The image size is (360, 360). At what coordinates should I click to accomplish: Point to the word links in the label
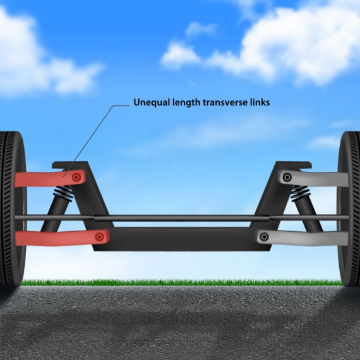click(x=260, y=102)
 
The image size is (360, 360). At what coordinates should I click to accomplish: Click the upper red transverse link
click(x=50, y=178)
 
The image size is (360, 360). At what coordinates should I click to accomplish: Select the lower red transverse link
click(x=62, y=238)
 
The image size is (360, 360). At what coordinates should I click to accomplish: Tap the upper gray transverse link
click(x=313, y=178)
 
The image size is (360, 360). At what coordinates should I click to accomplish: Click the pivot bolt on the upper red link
click(x=76, y=177)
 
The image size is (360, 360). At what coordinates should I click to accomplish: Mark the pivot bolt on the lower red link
click(x=99, y=237)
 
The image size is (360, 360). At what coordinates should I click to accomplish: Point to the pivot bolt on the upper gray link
click(x=287, y=177)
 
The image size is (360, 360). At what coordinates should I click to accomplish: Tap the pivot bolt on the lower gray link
click(x=264, y=236)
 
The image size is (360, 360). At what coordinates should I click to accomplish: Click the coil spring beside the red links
click(x=64, y=193)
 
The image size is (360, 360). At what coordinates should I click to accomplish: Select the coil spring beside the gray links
click(x=300, y=193)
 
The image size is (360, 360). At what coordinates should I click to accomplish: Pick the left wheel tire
click(x=12, y=209)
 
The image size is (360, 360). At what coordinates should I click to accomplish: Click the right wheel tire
click(x=349, y=209)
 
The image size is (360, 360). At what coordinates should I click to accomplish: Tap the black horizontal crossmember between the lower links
click(x=181, y=239)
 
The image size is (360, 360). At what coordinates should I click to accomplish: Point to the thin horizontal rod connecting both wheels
click(x=181, y=218)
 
